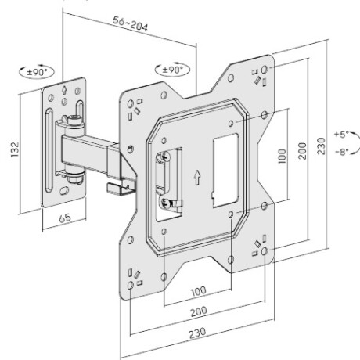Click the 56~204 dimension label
click(x=131, y=27)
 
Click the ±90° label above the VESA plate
click(x=170, y=70)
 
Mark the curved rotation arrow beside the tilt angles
click(x=355, y=143)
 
